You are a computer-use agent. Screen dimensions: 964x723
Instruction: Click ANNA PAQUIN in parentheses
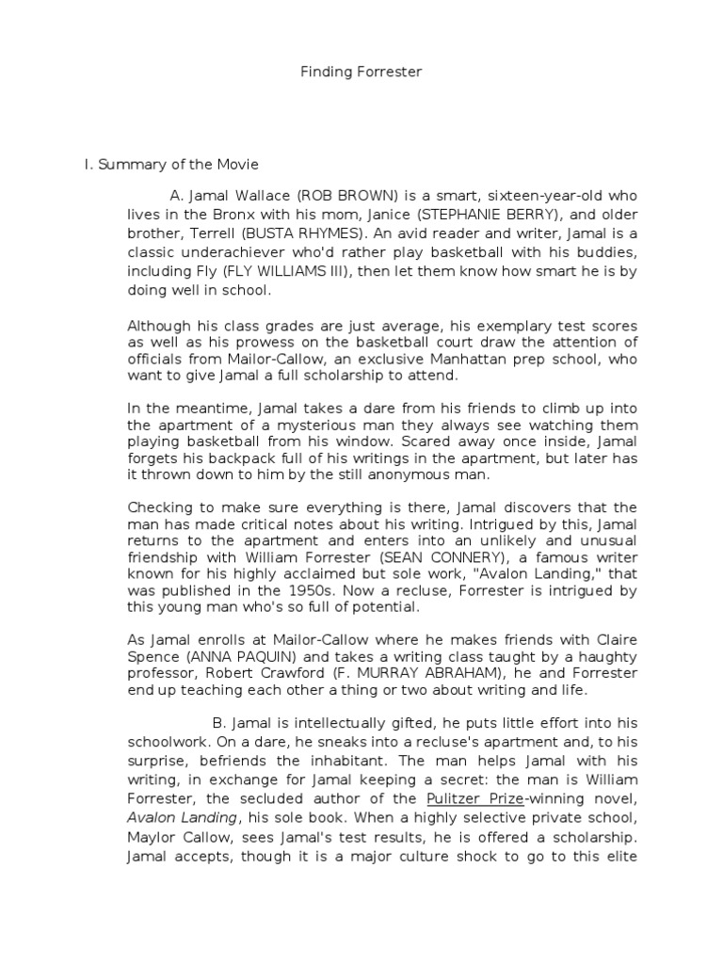[x=217, y=656]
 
